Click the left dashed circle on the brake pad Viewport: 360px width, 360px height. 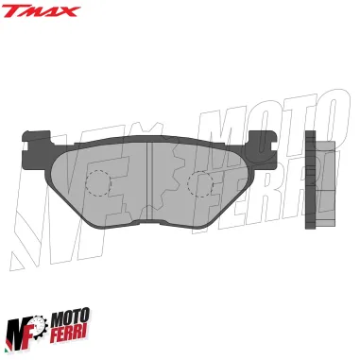point(101,184)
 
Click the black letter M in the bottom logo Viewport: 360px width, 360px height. point(19,329)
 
